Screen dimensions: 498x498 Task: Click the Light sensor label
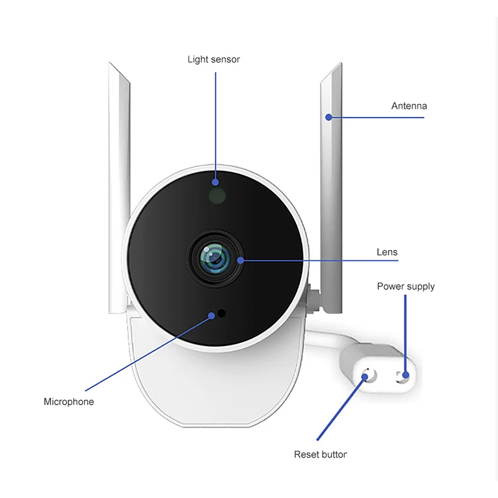[x=214, y=60]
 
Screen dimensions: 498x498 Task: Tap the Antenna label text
[x=409, y=106]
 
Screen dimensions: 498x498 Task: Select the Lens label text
[x=387, y=252]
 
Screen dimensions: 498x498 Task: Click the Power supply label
[x=405, y=286]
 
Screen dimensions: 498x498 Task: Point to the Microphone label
[x=68, y=402]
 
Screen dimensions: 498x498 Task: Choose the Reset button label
[x=321, y=454]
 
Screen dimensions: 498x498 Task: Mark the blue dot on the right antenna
[x=327, y=116]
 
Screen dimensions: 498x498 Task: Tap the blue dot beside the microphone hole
[x=212, y=316]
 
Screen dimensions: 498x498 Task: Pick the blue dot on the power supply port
[x=405, y=375]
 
